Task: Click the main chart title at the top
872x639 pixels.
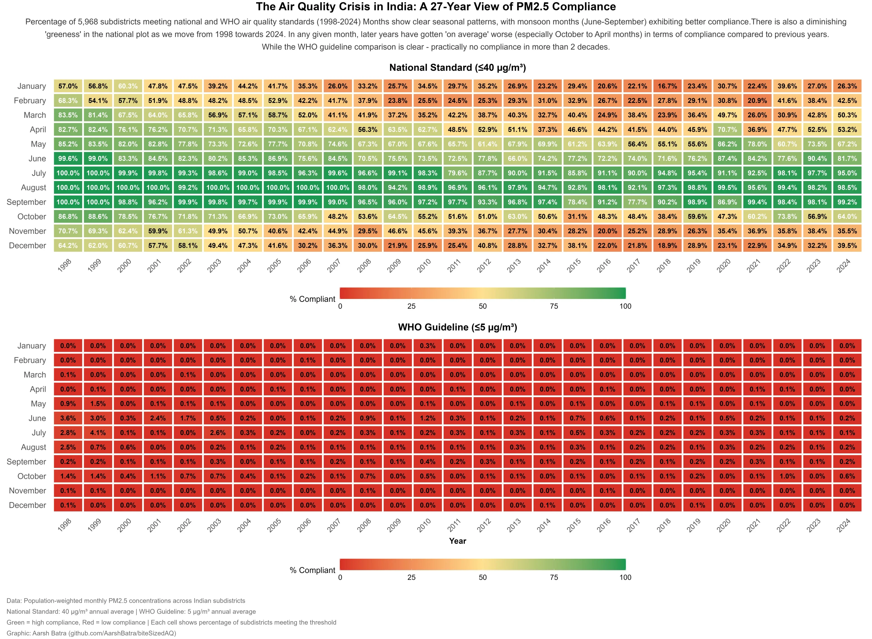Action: tap(436, 7)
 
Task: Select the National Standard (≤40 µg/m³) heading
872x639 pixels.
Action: tap(458, 68)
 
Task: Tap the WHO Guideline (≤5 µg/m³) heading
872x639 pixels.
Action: tap(458, 327)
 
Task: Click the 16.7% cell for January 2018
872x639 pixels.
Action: tap(667, 86)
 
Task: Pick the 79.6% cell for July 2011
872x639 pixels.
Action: tap(458, 173)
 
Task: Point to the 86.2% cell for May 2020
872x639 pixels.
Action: tap(727, 144)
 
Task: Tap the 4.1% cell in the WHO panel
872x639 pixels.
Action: tap(98, 433)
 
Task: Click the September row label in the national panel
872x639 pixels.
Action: tap(26, 202)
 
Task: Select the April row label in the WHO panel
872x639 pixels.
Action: tap(38, 389)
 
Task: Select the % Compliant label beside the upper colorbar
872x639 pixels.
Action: tap(312, 299)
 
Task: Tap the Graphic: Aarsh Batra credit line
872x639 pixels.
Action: tap(91, 633)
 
